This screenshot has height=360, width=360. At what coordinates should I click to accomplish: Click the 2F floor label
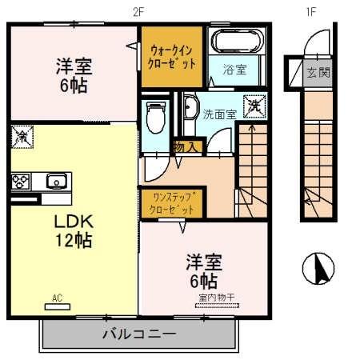[x=139, y=11]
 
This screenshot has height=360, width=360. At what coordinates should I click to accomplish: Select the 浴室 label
[x=234, y=70]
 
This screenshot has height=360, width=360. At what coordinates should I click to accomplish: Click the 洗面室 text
[x=218, y=114]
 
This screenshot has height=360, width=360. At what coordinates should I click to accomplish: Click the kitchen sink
[x=55, y=180]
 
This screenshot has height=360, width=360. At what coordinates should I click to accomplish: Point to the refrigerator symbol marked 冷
[x=22, y=137]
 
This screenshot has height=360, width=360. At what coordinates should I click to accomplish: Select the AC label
[x=57, y=298]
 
